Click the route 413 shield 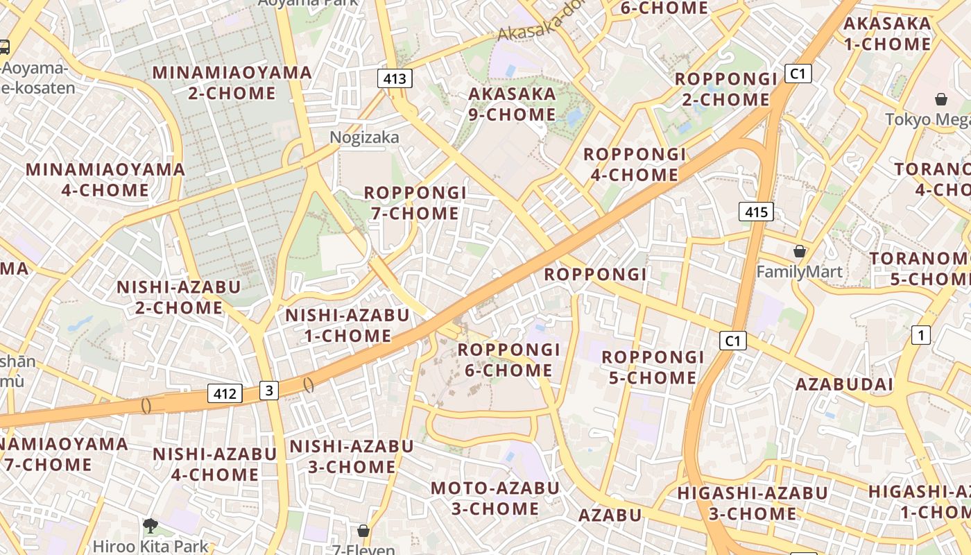[395, 78]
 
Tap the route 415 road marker [755, 212]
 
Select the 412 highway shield [225, 394]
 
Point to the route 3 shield [269, 391]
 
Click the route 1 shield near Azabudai [920, 336]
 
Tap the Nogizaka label [364, 137]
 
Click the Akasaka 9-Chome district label [512, 104]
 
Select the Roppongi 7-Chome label [415, 203]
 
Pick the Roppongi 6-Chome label [508, 359]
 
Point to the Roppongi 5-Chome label [653, 367]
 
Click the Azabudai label [844, 384]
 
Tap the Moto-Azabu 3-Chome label [495, 498]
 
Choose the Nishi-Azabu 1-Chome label [347, 325]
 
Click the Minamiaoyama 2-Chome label [232, 83]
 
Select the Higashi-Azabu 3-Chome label [753, 503]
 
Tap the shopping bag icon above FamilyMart [800, 251]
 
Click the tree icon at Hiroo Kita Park [150, 525]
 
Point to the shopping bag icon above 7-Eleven [363, 531]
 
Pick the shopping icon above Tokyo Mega [940, 99]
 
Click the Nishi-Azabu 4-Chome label [214, 464]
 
